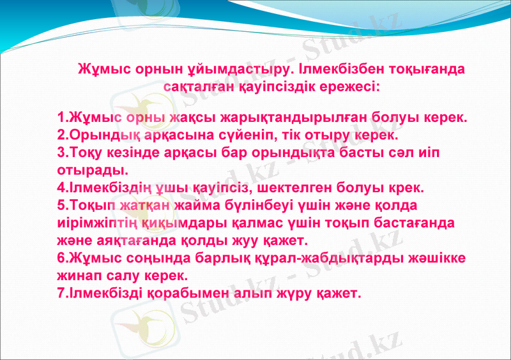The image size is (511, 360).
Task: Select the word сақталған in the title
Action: coord(194,85)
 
